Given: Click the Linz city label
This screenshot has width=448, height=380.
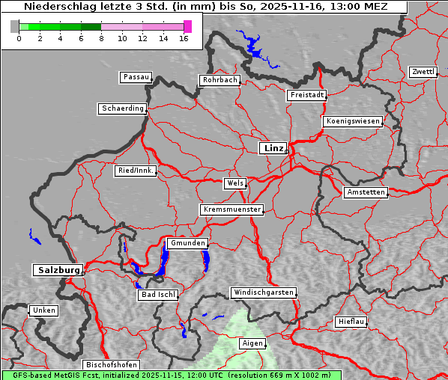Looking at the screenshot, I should tap(273, 148).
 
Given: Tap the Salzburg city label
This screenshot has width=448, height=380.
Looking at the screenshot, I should tap(58, 270).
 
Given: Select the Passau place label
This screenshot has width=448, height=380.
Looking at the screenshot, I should tap(136, 77).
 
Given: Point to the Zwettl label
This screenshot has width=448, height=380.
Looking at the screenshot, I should tap(423, 72).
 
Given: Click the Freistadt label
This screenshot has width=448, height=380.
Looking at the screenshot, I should tap(306, 95).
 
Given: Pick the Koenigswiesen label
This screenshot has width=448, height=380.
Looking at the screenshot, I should tap(353, 121).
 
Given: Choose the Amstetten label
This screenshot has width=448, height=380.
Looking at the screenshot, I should tap(366, 192).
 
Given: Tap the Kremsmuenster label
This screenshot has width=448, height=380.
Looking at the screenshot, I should tap(231, 209).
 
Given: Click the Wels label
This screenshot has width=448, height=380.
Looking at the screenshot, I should tap(234, 183).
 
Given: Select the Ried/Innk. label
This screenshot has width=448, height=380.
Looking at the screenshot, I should tap(136, 171).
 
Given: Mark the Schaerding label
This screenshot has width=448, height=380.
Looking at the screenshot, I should tap(122, 108).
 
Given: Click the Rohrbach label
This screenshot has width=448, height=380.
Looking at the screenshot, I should tap(219, 80).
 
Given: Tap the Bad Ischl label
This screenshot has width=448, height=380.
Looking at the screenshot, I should tap(157, 295).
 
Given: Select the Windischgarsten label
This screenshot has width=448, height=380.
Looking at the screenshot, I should tap(263, 292).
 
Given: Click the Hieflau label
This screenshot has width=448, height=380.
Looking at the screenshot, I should tap(351, 322).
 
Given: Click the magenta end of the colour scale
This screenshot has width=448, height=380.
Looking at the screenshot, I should tap(187, 26).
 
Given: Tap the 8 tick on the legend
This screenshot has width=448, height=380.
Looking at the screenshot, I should tap(101, 38).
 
